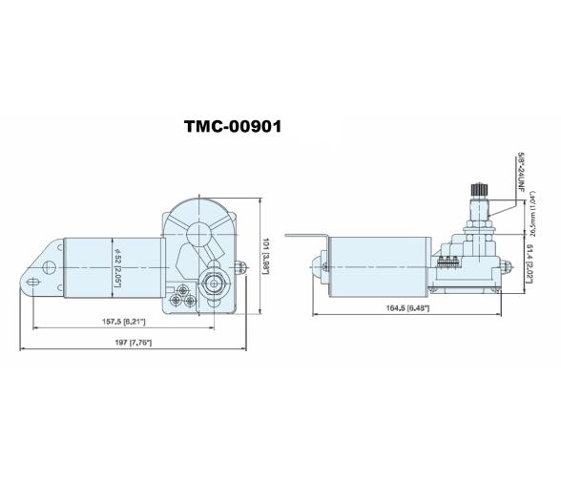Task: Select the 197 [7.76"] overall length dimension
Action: pyautogui.click(x=132, y=342)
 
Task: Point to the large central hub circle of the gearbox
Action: pyautogui.click(x=199, y=232)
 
